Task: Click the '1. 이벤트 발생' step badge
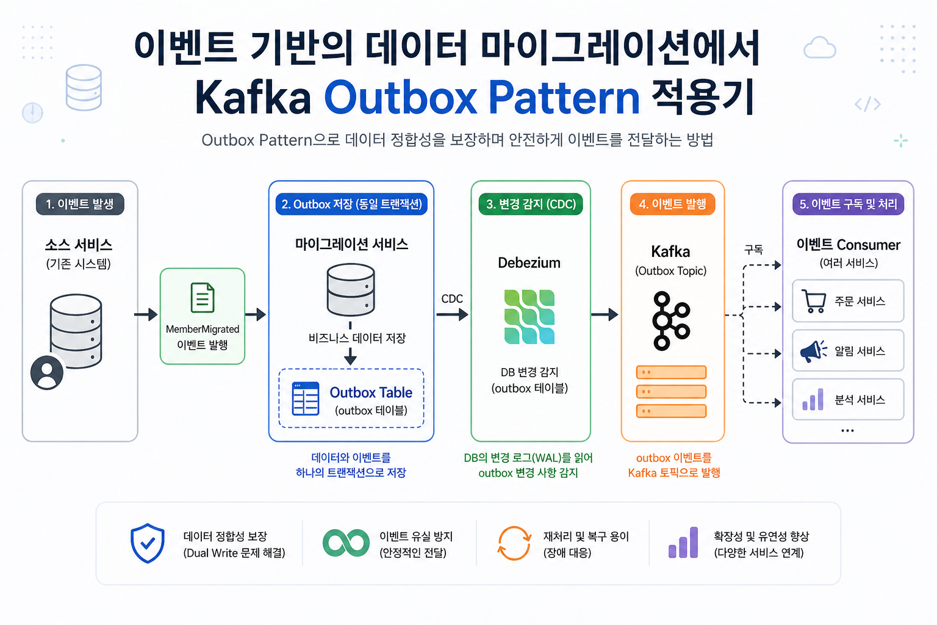[80, 204]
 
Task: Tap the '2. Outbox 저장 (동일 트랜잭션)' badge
[351, 204]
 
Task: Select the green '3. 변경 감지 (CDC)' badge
[531, 204]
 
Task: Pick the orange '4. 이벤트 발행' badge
[672, 204]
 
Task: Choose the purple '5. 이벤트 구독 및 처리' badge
[848, 204]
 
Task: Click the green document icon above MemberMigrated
[203, 298]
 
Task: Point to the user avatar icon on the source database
[47, 372]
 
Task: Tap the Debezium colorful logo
[530, 316]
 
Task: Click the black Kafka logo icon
[670, 321]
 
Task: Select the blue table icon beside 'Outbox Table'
[306, 399]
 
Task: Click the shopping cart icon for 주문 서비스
[813, 301]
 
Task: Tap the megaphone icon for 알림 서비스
[813, 351]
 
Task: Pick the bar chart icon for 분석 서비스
[813, 400]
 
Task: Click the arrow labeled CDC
[452, 314]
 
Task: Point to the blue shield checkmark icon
[148, 543]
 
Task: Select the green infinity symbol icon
[346, 543]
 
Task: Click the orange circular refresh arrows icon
[514, 543]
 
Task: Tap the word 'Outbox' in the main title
[400, 98]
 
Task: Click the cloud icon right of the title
[819, 48]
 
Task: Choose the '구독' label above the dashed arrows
[753, 249]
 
